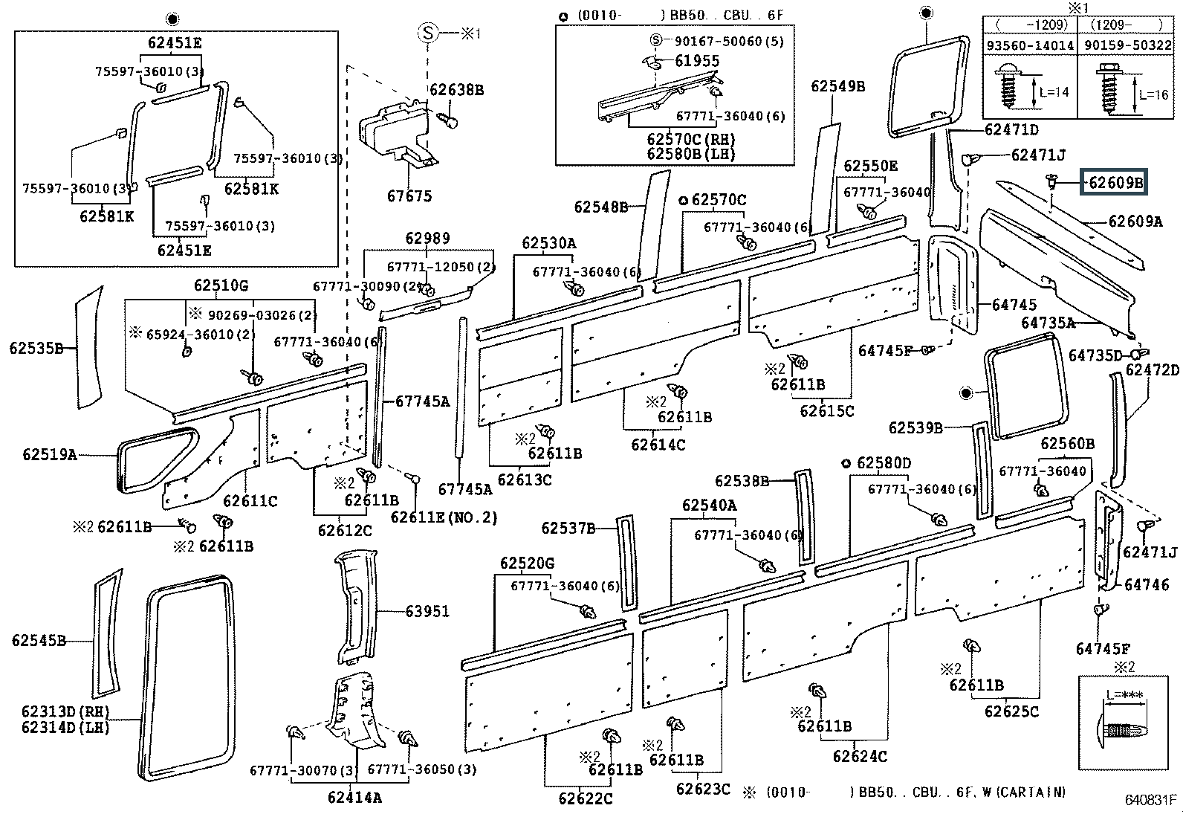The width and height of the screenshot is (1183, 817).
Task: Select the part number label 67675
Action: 409,196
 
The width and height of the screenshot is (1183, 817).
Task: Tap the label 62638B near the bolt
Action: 456,90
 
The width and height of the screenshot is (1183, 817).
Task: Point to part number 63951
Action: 427,611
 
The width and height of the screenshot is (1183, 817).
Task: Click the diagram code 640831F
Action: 1150,800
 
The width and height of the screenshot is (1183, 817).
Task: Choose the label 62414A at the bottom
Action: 354,798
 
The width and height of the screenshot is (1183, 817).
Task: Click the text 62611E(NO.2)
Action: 444,517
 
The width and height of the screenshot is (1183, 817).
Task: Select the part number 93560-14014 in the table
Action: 1029,45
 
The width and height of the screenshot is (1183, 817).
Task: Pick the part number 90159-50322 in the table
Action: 1127,45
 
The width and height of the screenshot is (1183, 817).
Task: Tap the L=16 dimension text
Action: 1153,94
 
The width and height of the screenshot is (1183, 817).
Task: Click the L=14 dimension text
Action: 1054,92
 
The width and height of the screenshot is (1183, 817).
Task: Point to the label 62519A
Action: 50,454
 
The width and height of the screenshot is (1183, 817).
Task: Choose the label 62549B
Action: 837,86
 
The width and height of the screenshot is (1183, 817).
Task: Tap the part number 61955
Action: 697,61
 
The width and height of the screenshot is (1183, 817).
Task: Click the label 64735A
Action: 1048,323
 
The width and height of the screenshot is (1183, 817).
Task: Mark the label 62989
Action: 427,239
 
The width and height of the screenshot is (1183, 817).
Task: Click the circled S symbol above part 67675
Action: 428,33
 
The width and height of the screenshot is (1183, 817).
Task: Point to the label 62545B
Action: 39,640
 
